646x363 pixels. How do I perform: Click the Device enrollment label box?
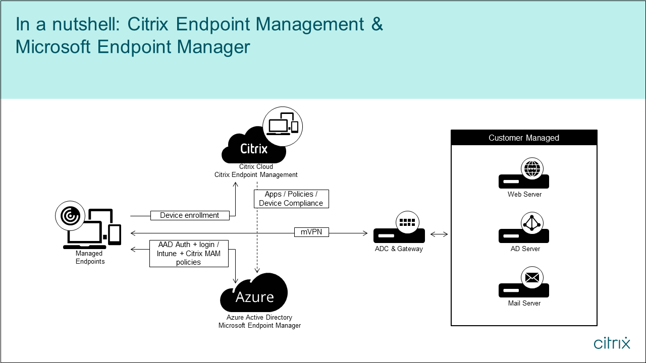(x=190, y=215)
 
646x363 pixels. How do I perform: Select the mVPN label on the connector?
(x=311, y=232)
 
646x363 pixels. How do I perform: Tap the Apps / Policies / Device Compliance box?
(x=291, y=199)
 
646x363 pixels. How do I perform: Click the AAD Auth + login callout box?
(x=189, y=253)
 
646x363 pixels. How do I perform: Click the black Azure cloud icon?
(x=254, y=294)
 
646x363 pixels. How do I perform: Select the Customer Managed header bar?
(x=524, y=138)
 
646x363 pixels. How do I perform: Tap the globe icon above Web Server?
(x=532, y=168)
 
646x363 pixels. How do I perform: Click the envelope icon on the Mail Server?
(x=532, y=278)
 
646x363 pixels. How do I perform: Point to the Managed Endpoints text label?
(x=90, y=258)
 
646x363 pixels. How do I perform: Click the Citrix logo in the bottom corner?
(x=612, y=343)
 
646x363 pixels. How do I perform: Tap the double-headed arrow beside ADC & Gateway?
(x=439, y=234)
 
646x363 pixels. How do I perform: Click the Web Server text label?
(x=524, y=195)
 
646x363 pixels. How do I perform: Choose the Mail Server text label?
(x=524, y=304)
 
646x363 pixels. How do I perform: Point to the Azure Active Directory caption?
(x=259, y=318)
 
